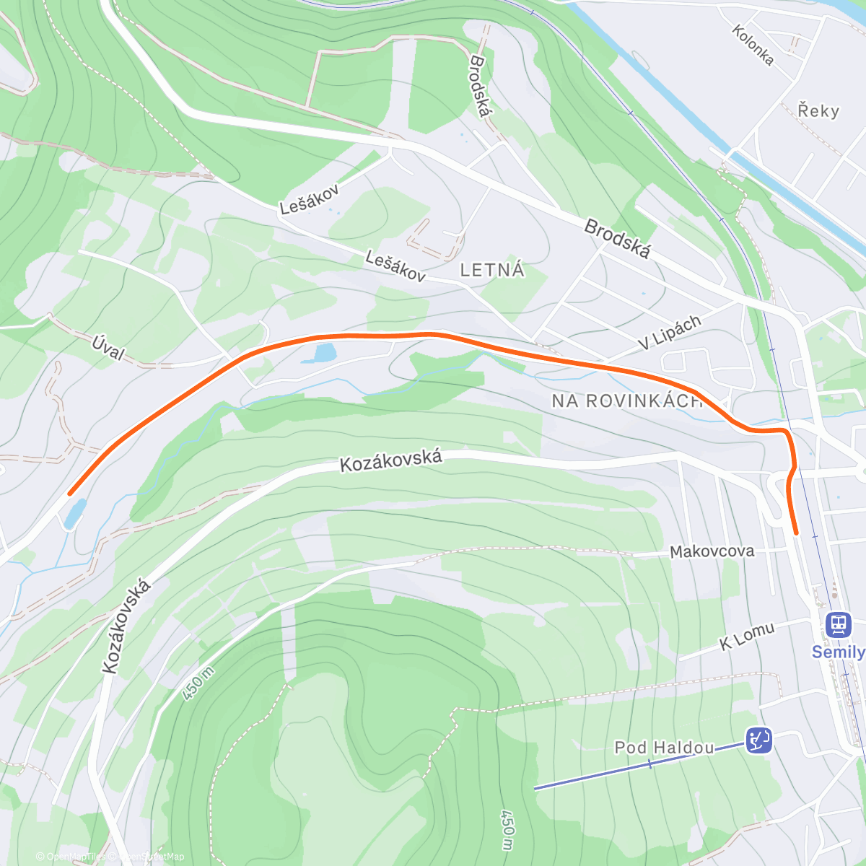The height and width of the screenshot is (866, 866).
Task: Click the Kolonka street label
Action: [753, 45]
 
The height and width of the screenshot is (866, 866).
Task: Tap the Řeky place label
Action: [818, 110]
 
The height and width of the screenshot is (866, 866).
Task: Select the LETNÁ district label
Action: [492, 270]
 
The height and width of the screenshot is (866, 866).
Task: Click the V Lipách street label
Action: [670, 333]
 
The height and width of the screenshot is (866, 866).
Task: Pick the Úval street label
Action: [108, 348]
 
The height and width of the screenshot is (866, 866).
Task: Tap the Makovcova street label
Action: [712, 551]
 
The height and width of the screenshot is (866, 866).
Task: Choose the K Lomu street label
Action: [747, 636]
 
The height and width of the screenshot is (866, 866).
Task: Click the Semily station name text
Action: [837, 652]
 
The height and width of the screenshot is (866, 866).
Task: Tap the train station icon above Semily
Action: [837, 624]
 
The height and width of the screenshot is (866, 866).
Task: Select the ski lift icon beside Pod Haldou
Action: [758, 740]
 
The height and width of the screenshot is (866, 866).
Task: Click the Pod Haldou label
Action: [664, 748]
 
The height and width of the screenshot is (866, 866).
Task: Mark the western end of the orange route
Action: [70, 494]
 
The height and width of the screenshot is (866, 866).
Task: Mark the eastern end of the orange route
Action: [796, 533]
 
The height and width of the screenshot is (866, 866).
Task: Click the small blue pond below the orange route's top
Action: [323, 353]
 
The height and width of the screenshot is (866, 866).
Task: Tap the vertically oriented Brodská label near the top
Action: [480, 86]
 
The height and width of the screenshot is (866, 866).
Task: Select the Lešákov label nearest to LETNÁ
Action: [395, 266]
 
